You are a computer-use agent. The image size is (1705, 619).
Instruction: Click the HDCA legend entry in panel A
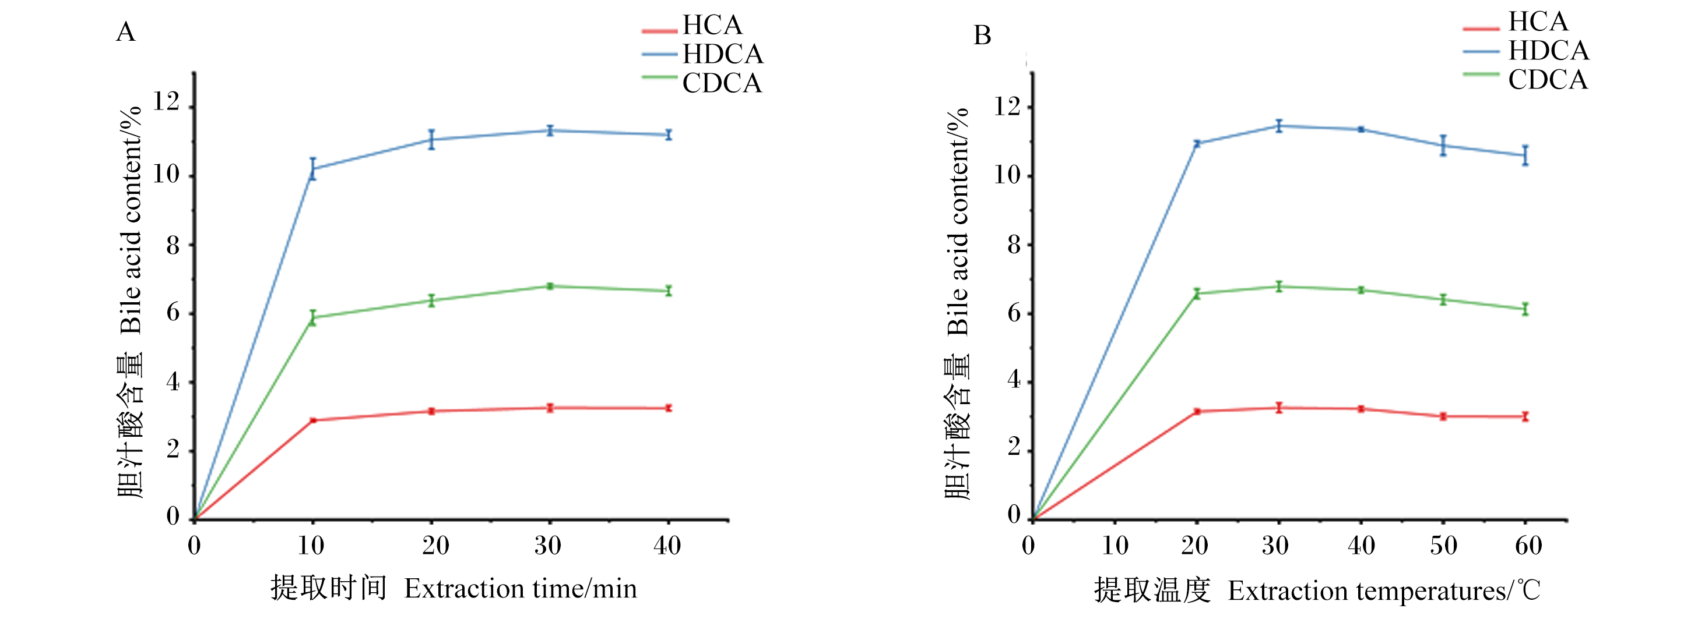pos(703,54)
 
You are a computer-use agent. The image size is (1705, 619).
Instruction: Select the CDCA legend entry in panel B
pos(1525,79)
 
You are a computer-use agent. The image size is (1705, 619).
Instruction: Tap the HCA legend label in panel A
pos(712,25)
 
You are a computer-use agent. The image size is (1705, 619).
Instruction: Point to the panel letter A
pos(126,32)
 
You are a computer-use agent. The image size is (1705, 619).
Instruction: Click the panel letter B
pos(982,35)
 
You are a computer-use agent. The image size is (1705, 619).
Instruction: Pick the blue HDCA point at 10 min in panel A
pos(313,169)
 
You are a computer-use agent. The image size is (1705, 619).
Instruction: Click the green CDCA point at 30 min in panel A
pos(549,286)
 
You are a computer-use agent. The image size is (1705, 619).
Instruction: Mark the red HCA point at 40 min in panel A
pos(669,408)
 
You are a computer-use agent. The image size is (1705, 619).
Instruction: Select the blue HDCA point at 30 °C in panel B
pos(1279,126)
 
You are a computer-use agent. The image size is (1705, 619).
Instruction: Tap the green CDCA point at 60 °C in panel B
pos(1525,309)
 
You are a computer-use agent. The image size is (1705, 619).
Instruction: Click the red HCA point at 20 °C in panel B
pos(1197,411)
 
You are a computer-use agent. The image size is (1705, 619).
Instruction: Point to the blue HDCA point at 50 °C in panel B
pos(1443,146)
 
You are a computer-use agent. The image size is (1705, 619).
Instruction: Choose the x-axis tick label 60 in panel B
pos(1528,546)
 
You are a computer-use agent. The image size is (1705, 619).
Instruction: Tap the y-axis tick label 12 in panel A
pos(166,102)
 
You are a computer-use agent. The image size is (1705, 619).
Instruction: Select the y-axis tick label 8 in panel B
pos(1013,245)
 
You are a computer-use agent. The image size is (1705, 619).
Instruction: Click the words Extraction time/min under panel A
pos(520,589)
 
